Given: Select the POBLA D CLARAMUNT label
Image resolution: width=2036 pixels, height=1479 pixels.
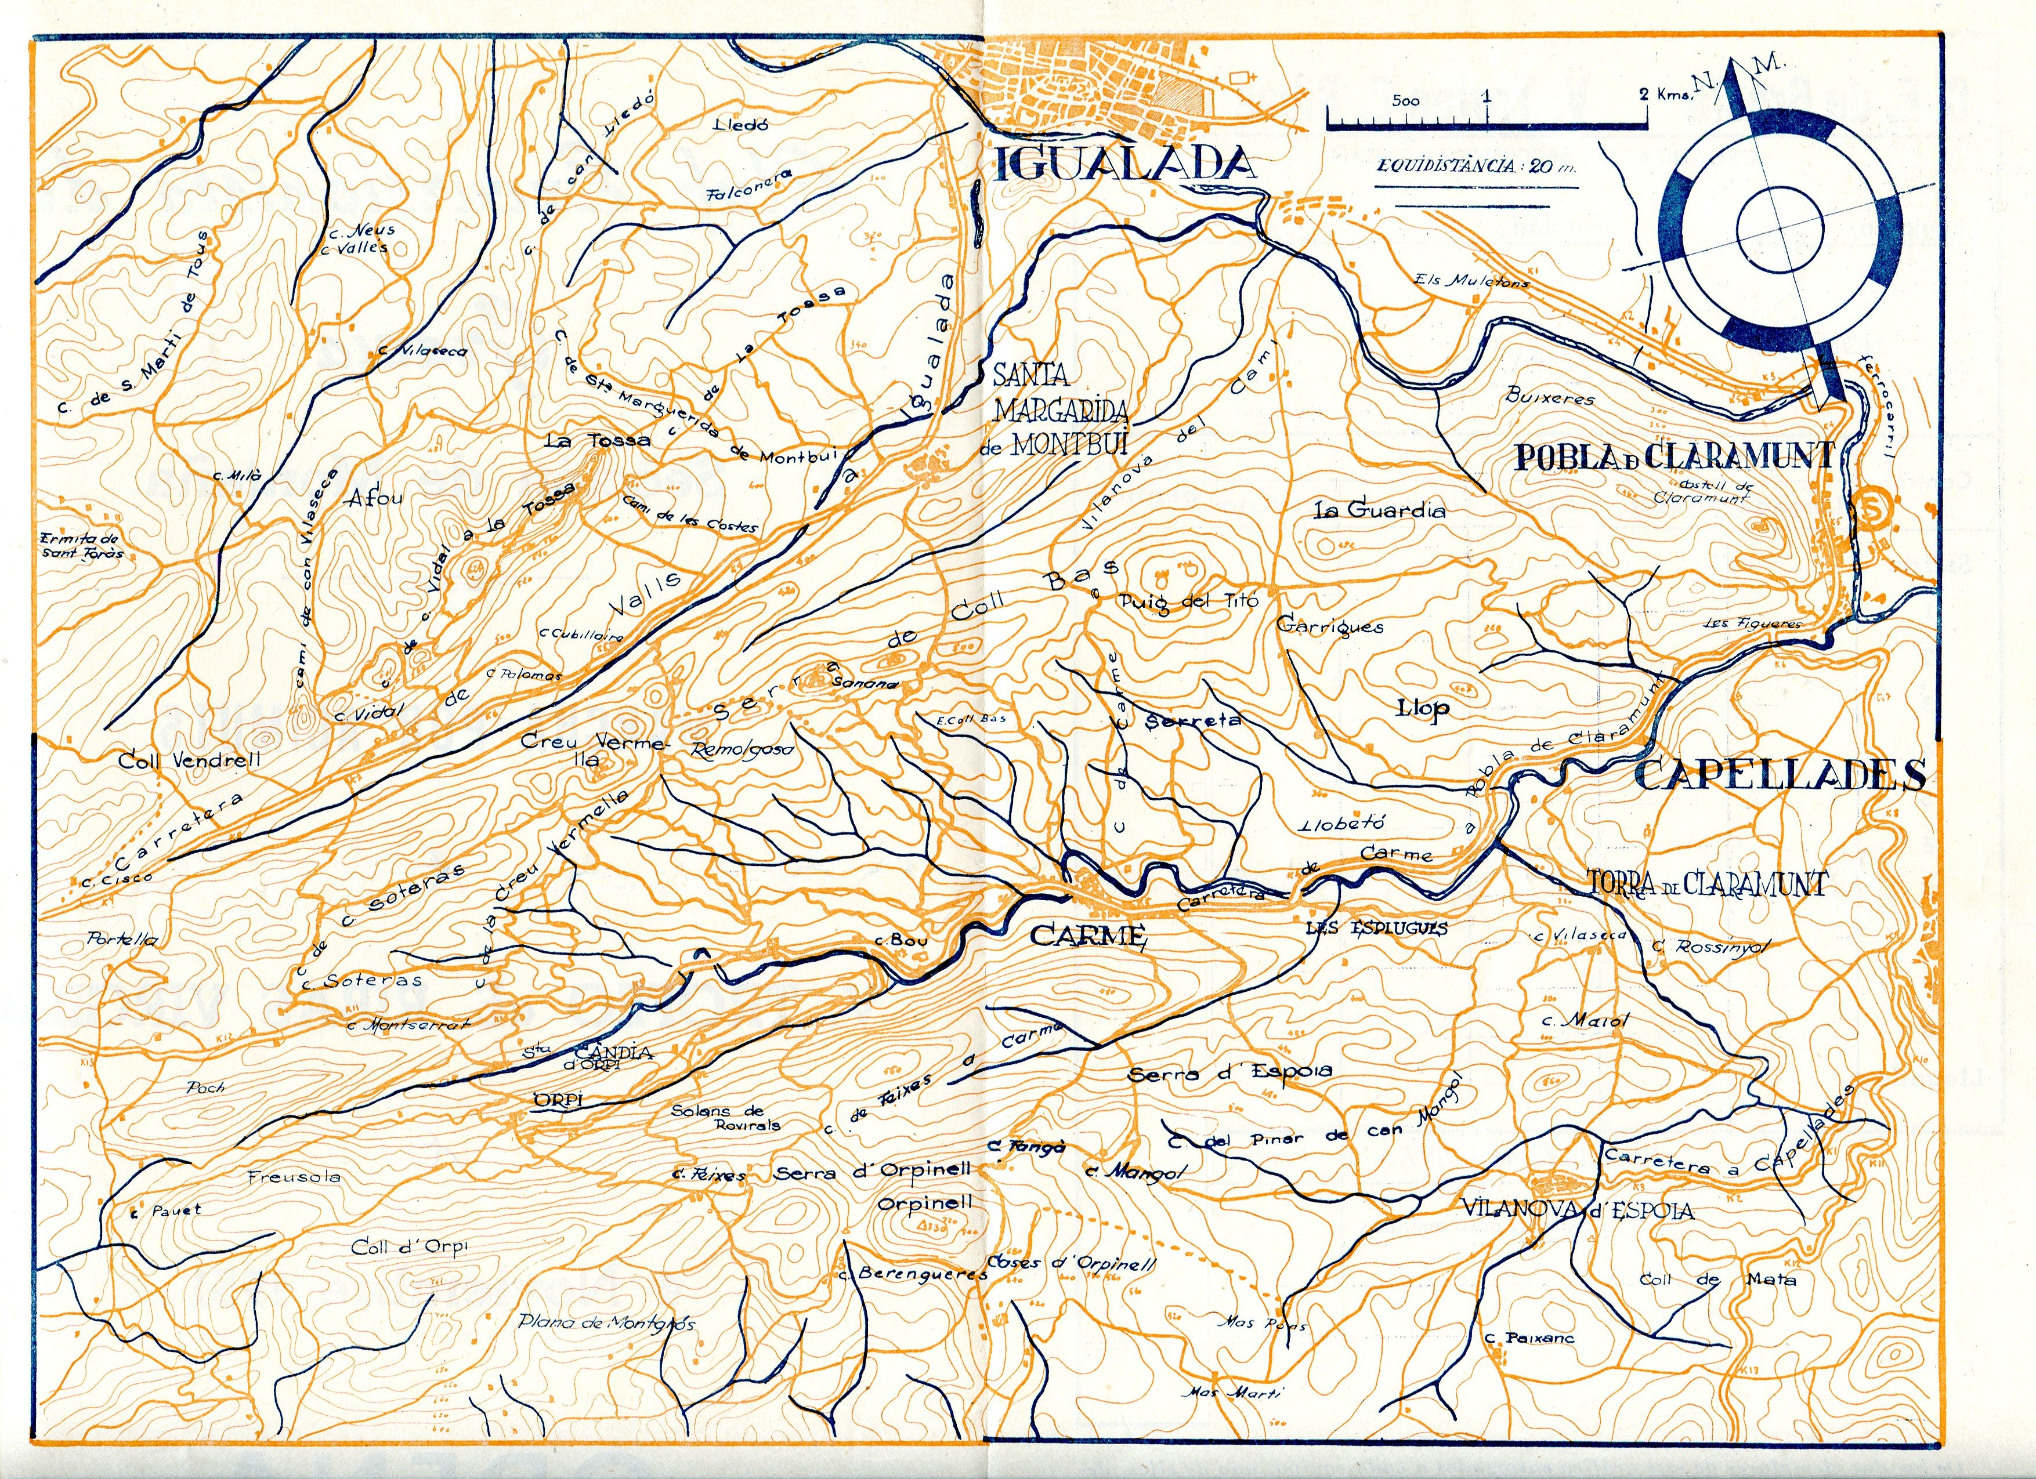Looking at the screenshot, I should point(1674,457).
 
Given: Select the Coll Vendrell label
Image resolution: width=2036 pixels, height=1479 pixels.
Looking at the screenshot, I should point(189,760).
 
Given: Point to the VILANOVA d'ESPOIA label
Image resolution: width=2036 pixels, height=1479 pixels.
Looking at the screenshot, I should point(1577,1210).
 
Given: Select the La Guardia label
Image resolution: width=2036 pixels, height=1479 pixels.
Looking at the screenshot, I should point(1379,510).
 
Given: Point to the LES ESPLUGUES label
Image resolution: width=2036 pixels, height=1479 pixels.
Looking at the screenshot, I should point(1376,929).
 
